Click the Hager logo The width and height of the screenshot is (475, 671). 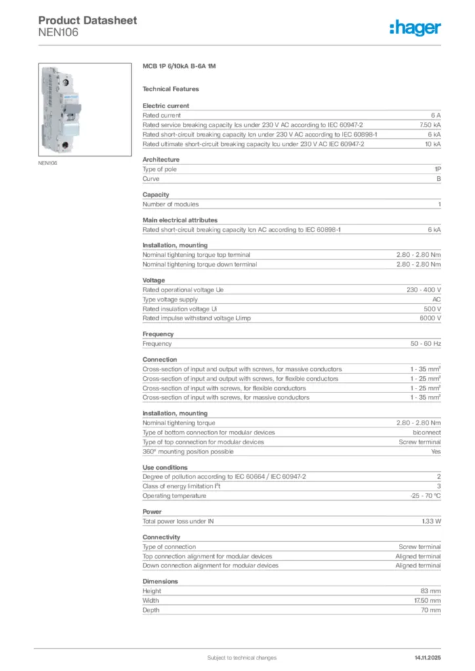415,28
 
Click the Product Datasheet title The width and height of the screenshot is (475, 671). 88,20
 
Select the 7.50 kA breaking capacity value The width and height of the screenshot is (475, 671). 430,125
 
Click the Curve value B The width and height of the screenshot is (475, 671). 439,178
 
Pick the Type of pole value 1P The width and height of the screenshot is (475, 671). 438,169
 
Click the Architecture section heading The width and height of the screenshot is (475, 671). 161,159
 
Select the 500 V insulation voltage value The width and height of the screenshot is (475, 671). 432,309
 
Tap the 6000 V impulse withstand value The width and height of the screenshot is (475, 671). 430,318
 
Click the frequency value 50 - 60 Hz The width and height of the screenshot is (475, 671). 426,343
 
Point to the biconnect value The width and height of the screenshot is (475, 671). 426,432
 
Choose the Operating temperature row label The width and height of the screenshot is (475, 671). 175,495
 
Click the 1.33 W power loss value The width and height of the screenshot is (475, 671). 431,521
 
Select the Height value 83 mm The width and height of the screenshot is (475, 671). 430,591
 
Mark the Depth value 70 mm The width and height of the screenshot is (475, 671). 430,610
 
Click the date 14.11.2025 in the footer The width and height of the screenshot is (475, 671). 427,657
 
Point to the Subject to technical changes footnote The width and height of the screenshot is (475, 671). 241,657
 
